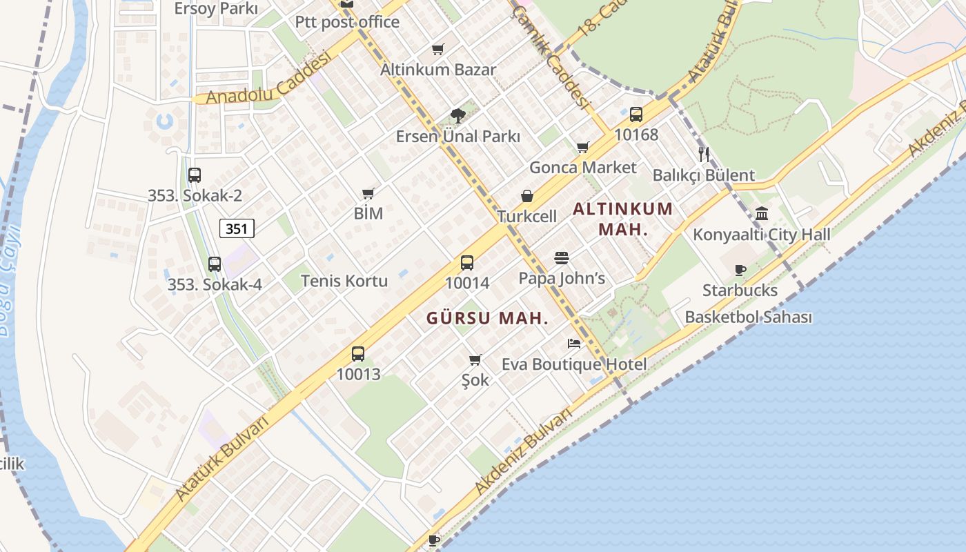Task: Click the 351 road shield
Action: tap(237, 228)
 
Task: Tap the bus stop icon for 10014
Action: tap(467, 263)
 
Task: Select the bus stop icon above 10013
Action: tap(358, 354)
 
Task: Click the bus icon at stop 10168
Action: tap(636, 115)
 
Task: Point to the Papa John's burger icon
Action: tap(562, 259)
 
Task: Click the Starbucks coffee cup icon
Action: tap(740, 270)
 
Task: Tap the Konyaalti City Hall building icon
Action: tap(762, 214)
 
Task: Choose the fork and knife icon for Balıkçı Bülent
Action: tap(704, 154)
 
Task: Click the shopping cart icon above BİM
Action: tap(368, 194)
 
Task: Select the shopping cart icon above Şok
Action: tap(475, 359)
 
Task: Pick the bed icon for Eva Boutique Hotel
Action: tap(574, 343)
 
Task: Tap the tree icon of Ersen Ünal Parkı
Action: tap(457, 116)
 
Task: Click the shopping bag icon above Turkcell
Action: tap(527, 197)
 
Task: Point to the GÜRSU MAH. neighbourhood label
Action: tap(487, 318)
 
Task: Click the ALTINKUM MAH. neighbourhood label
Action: tap(623, 219)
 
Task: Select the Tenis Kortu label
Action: tap(344, 281)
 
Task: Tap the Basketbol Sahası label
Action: tap(748, 317)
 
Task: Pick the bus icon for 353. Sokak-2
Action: tap(195, 175)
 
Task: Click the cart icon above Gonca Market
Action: tap(583, 147)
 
